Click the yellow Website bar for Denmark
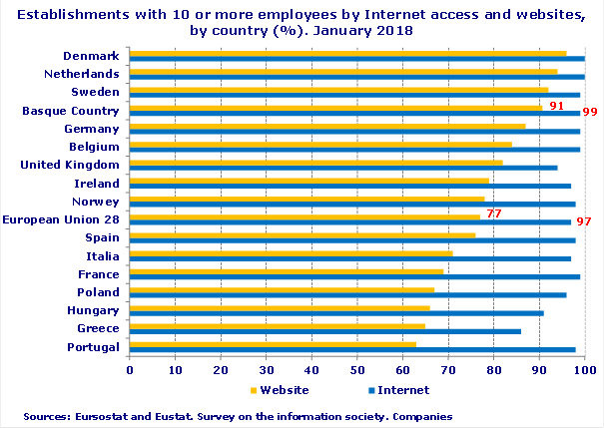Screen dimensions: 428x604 point(347,53)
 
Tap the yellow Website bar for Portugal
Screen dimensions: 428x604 point(273,344)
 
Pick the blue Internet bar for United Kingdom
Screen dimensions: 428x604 point(343,168)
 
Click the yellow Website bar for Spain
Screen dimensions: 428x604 point(302,235)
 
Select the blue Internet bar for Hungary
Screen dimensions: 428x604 point(336,312)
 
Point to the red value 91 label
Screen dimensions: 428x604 point(557,105)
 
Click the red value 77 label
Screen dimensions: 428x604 point(493,214)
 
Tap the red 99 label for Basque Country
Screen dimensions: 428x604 point(589,112)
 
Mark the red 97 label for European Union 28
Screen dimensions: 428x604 point(584,220)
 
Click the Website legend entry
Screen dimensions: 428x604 point(279,390)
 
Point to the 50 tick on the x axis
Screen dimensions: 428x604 point(357,370)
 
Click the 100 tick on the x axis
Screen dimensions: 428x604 point(585,370)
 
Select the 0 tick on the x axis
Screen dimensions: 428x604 point(130,370)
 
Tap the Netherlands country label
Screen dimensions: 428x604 point(83,74)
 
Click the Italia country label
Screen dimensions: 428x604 point(103,256)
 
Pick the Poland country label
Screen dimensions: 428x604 point(99,292)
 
